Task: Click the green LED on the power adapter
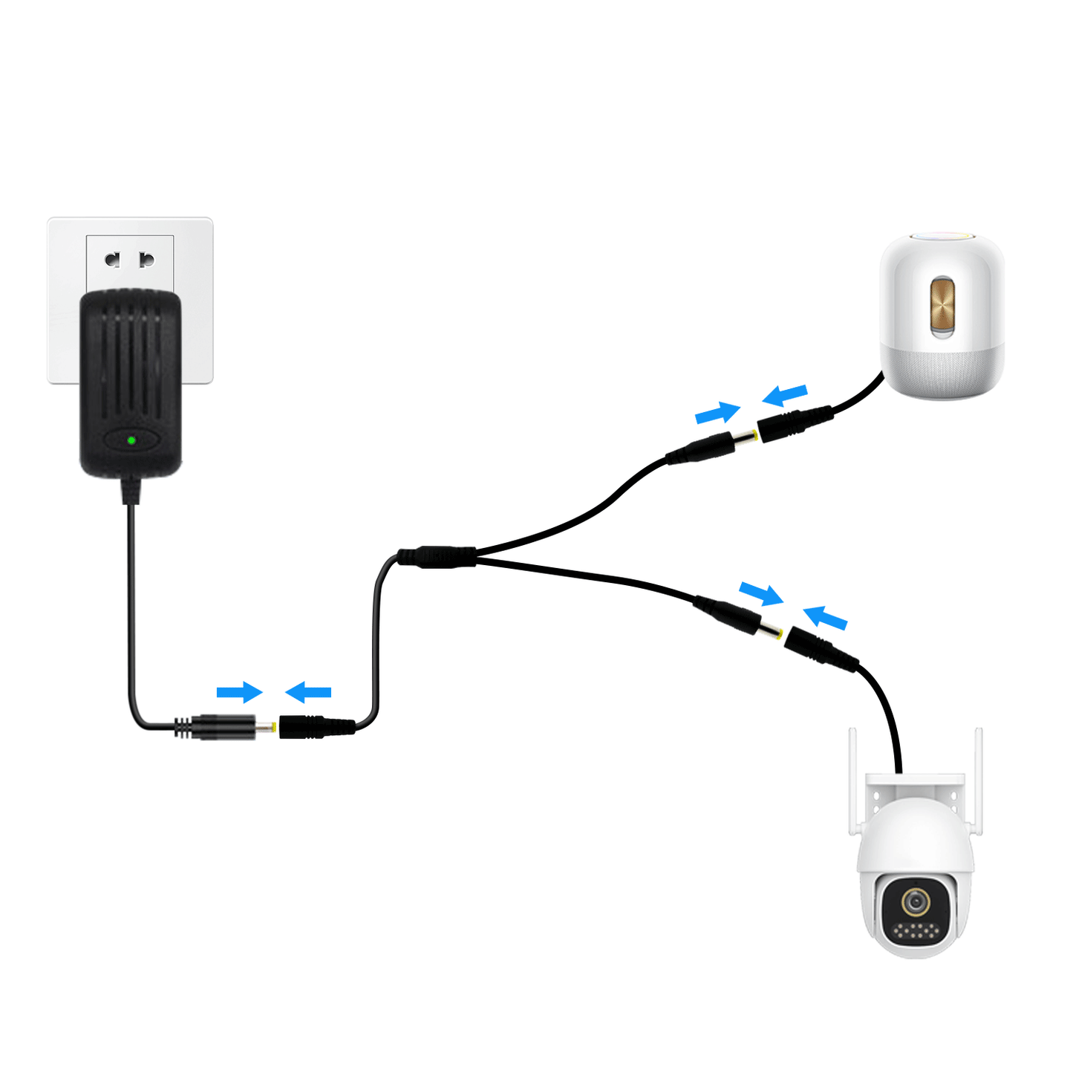[131, 440]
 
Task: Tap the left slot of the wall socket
[113, 259]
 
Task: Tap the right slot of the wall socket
[147, 259]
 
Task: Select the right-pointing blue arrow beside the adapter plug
[239, 692]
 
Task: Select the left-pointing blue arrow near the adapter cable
[308, 693]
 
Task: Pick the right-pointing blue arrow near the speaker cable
[717, 412]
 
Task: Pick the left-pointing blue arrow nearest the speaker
[785, 394]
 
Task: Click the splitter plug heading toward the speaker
[709, 447]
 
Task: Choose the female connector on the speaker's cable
[792, 424]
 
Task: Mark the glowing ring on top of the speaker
[942, 237]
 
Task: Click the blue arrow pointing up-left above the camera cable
[825, 617]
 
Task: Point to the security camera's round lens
[916, 901]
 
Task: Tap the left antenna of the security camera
[853, 780]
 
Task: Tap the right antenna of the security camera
[979, 780]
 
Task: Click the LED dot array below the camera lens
[916, 930]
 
